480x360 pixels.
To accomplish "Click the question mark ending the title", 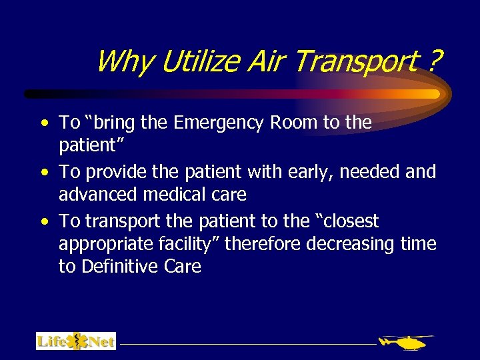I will click(435, 62).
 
